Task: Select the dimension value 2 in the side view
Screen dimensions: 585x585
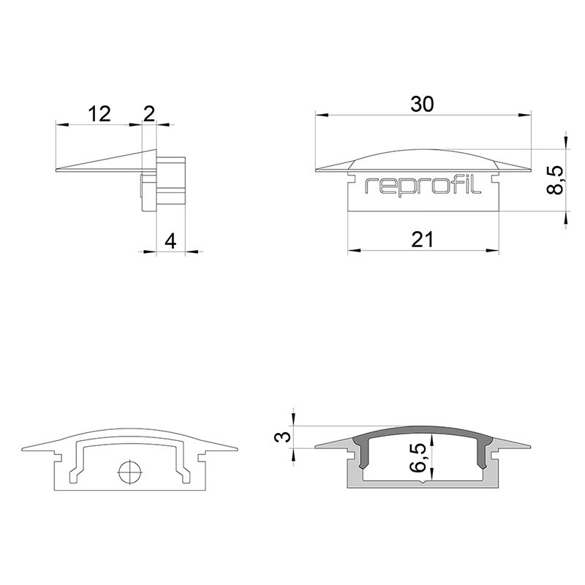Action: (x=149, y=113)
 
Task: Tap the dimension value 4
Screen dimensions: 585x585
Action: (x=170, y=241)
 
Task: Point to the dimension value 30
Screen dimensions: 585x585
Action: (x=422, y=105)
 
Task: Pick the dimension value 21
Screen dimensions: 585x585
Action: (x=422, y=239)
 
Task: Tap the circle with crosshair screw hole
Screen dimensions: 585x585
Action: (x=129, y=472)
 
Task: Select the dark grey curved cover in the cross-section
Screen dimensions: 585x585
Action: (x=422, y=434)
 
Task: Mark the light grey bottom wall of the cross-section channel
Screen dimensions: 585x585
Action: (x=422, y=484)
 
